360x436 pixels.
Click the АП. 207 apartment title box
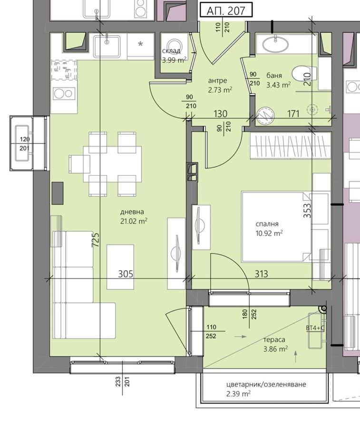(226, 11)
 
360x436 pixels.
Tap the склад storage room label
(171, 51)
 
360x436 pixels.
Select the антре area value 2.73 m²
(220, 90)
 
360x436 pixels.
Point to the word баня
(274, 75)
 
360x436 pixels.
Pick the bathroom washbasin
(275, 45)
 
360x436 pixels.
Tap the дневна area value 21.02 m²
(134, 222)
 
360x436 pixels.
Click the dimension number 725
(95, 240)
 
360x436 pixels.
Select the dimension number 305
(126, 274)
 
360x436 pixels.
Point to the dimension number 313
(261, 274)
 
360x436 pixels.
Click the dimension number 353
(307, 211)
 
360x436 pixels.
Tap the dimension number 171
(293, 114)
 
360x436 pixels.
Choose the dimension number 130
(220, 114)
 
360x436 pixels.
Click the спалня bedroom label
(267, 224)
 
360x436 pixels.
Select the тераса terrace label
(274, 339)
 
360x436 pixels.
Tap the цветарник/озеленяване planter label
(266, 384)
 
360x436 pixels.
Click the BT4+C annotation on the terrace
(315, 328)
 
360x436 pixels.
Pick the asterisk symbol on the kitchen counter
(140, 44)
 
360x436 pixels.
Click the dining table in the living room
(112, 164)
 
